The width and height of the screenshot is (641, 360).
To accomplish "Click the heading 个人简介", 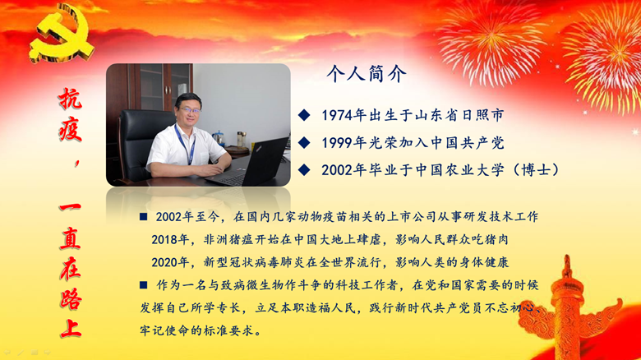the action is (x=367, y=74).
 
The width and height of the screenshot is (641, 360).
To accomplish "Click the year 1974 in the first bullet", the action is (x=337, y=115).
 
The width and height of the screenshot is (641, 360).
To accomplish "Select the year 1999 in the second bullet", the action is (x=337, y=143).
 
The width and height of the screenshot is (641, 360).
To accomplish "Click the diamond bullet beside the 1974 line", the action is (x=304, y=115).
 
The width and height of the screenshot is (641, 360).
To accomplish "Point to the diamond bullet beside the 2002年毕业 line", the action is (x=304, y=170).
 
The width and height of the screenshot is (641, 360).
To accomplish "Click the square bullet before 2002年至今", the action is (x=143, y=216).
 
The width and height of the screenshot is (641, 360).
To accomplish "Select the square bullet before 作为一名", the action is (x=143, y=284).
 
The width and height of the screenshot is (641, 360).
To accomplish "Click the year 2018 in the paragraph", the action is (x=164, y=239).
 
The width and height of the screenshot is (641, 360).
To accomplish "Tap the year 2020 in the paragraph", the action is (x=164, y=262).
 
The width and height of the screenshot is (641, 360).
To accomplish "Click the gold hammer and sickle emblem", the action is (x=62, y=34).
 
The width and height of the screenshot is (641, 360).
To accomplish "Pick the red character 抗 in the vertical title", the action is (x=71, y=99).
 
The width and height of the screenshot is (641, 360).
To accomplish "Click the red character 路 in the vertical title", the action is (x=71, y=298).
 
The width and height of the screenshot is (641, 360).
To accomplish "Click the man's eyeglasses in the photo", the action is (x=189, y=110).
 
